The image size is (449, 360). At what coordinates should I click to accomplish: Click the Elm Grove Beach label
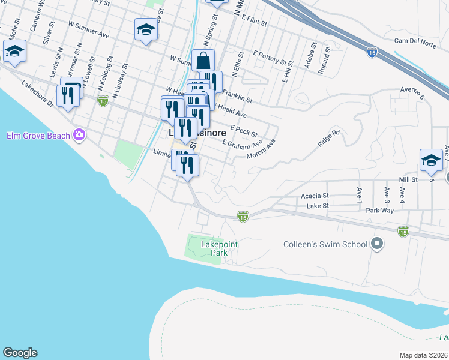click(38, 136)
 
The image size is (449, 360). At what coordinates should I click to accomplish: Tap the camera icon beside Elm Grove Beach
click(79, 134)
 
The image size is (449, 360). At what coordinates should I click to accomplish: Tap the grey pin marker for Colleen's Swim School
click(377, 243)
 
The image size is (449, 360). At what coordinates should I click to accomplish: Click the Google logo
click(20, 353)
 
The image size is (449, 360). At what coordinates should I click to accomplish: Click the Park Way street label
click(379, 211)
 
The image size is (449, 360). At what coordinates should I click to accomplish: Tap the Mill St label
click(408, 179)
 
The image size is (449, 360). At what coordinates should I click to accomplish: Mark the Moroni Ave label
click(261, 150)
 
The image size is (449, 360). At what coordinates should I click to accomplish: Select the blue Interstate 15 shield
click(372, 53)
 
